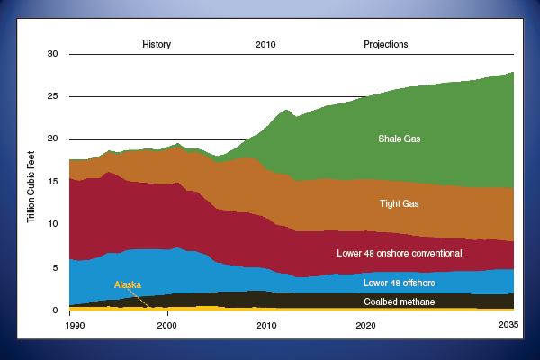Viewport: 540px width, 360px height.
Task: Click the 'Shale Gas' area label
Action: [x=400, y=139]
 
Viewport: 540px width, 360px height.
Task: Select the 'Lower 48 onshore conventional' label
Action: [x=399, y=253]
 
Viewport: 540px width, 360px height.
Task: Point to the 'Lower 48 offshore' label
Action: [x=400, y=283]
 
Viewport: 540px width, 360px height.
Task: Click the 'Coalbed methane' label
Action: [x=400, y=301]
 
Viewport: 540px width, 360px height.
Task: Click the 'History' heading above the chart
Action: [x=157, y=44]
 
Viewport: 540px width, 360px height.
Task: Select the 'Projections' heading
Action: [x=385, y=44]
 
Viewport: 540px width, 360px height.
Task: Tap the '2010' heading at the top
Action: [x=266, y=44]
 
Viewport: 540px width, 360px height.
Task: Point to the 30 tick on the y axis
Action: [x=52, y=54]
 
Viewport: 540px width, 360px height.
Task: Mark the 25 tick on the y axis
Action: [x=52, y=96]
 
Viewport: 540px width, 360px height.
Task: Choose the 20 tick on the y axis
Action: [x=52, y=139]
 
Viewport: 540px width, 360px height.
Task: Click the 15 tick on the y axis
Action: [x=52, y=181]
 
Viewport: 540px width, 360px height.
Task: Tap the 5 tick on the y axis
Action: [x=56, y=266]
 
